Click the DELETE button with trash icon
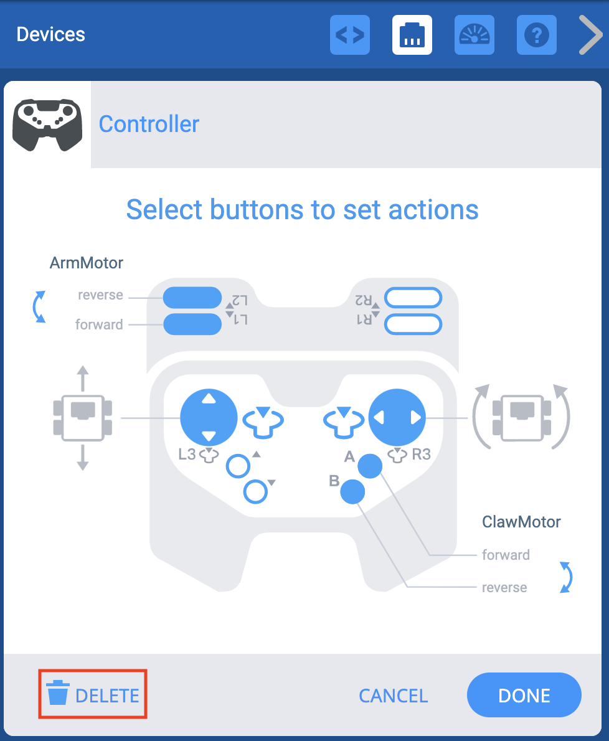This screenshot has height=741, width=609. click(x=93, y=695)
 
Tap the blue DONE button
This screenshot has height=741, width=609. click(x=524, y=695)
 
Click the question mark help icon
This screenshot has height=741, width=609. click(x=536, y=35)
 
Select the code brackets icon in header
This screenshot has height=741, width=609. click(x=349, y=35)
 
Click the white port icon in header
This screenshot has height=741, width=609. click(x=412, y=35)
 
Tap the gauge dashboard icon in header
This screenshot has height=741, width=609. click(x=474, y=35)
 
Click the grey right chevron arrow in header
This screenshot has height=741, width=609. click(x=590, y=35)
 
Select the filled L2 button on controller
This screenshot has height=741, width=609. click(x=192, y=298)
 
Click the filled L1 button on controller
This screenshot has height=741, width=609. click(x=192, y=324)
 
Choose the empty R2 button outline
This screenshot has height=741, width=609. click(x=413, y=298)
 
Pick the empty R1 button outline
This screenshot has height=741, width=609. click(x=413, y=324)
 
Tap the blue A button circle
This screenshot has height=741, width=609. click(x=370, y=466)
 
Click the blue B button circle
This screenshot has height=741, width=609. click(x=352, y=492)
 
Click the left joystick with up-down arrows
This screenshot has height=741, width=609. click(x=209, y=417)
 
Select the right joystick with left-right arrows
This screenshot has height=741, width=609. click(x=397, y=417)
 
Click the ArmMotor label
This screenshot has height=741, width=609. click(x=87, y=263)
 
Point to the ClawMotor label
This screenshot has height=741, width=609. click(x=521, y=522)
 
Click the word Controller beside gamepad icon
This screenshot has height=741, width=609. click(x=149, y=124)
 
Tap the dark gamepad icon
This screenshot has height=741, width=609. click(x=47, y=125)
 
